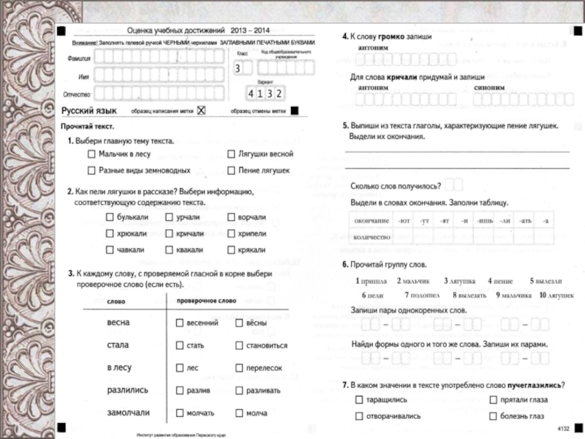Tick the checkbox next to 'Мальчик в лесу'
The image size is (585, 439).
pos(91,155)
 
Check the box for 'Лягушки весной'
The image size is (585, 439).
pos(232,155)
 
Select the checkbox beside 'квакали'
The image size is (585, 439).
pos(170,249)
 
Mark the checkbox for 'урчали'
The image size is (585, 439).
pos(170,217)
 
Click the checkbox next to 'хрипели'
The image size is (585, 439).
pos(232,233)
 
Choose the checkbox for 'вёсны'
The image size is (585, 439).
pos(238,323)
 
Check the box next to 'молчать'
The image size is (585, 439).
pos(179,413)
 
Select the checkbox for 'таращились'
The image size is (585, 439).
pos(358,400)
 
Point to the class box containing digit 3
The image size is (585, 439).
pos(237,69)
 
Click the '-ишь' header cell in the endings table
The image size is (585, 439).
pos(485,220)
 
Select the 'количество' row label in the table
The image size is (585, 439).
pos(371,237)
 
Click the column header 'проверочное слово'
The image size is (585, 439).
pos(207,301)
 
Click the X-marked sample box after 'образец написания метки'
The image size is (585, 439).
pos(202,110)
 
